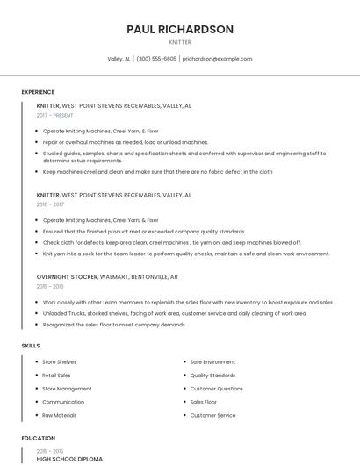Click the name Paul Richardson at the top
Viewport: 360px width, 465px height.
pos(180,29)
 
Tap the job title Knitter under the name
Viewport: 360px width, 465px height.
pos(180,42)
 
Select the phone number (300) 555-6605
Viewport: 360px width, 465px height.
pos(156,59)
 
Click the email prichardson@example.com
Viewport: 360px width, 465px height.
pos(217,59)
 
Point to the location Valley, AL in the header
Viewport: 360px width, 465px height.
pos(119,59)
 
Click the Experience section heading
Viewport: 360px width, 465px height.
pos(38,92)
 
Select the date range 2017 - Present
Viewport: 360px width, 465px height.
pos(54,115)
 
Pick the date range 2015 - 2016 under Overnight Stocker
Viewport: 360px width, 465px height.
pos(50,286)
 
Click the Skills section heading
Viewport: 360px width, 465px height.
pos(31,346)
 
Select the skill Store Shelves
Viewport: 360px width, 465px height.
pos(60,361)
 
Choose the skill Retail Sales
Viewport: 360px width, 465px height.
pos(57,375)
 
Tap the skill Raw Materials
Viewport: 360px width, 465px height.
pos(60,415)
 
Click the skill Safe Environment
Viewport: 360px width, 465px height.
pos(212,361)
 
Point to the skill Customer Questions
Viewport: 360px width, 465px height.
pos(217,389)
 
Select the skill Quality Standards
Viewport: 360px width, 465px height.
pos(214,375)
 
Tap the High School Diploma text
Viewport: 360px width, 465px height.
pos(69,459)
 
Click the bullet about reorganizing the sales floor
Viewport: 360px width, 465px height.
pos(114,325)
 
